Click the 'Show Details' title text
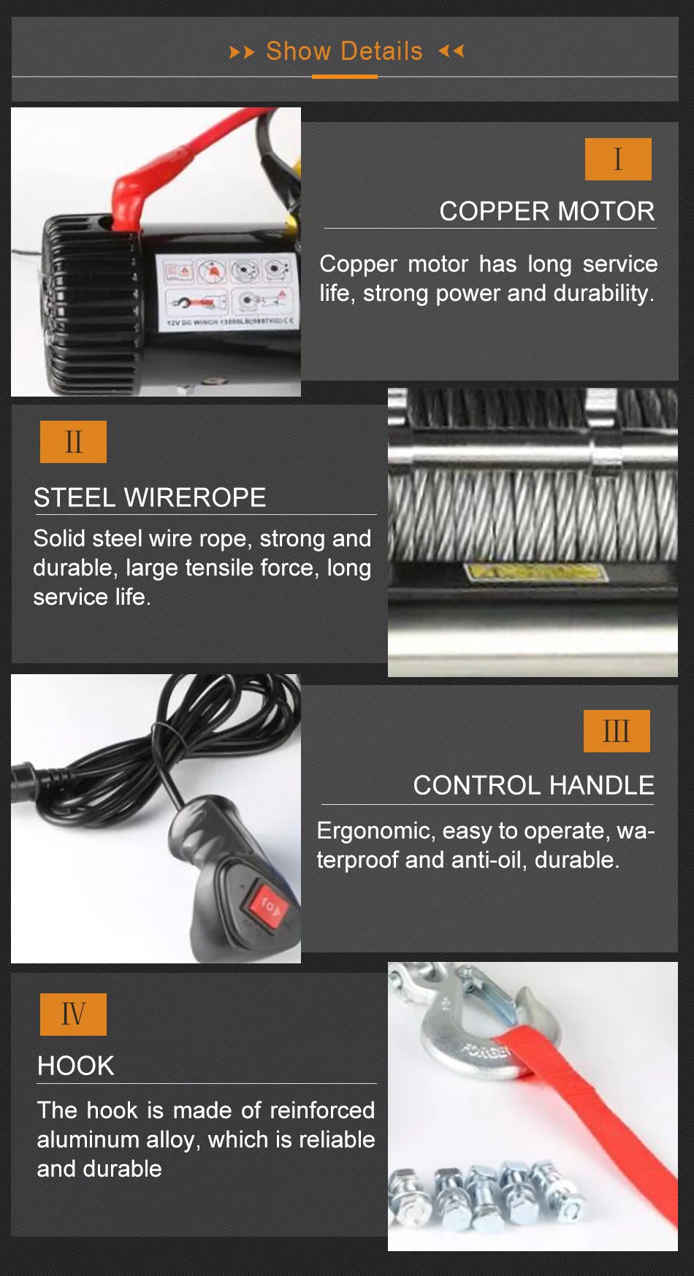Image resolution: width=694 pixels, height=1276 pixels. click(344, 51)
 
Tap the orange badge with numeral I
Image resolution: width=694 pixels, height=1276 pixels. click(618, 159)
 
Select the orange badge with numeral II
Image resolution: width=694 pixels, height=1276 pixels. click(73, 442)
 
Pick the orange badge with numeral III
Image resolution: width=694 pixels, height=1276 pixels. click(617, 731)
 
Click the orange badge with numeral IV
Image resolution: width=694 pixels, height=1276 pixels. click(73, 1015)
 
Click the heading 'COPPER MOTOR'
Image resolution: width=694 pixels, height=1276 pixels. click(546, 212)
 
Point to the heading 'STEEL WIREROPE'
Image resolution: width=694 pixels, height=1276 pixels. click(150, 498)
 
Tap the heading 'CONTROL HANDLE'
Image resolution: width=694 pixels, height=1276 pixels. click(533, 786)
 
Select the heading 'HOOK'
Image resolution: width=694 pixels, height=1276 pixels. click(76, 1066)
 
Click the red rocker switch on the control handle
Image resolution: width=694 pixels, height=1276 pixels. click(270, 906)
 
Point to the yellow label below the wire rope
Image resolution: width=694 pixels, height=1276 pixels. click(536, 571)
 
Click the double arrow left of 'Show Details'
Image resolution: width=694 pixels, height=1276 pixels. click(242, 52)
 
